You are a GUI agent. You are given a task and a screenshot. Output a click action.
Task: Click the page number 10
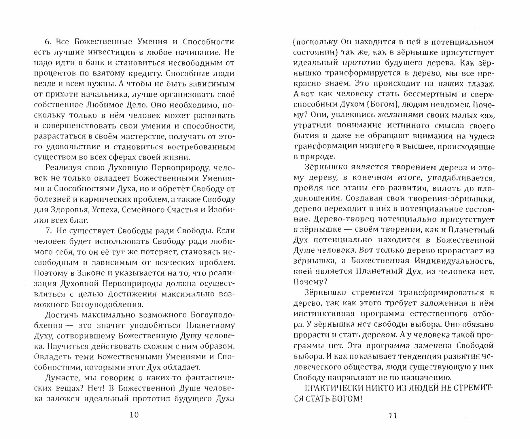click(135, 415)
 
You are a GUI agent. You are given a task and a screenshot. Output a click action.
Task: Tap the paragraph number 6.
click(48, 42)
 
